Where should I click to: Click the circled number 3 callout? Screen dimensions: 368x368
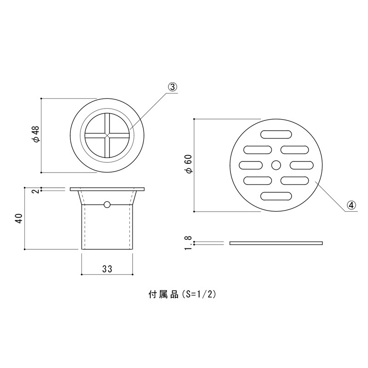172,87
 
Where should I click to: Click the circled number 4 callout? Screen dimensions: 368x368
351,206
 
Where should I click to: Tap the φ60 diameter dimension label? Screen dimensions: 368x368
190,164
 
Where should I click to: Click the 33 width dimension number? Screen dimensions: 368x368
107,269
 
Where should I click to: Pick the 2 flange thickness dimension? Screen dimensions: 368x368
36,191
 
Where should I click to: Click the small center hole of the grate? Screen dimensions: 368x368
276,165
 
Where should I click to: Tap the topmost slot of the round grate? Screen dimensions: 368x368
276,134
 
